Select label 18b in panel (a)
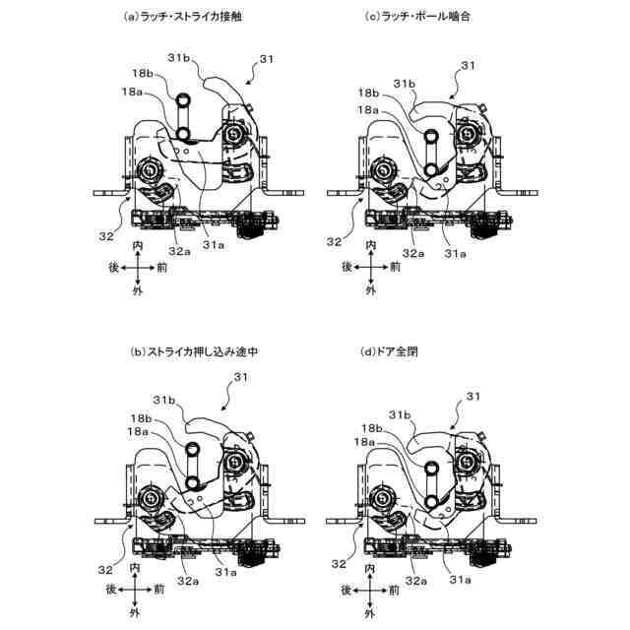pyautogui.click(x=141, y=74)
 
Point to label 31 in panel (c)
pyautogui.click(x=469, y=65)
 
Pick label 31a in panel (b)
pyautogui.click(x=225, y=571)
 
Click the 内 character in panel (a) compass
pyautogui.click(x=139, y=242)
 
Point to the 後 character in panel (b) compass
pyautogui.click(x=113, y=590)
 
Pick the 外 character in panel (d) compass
pyautogui.click(x=370, y=613)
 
